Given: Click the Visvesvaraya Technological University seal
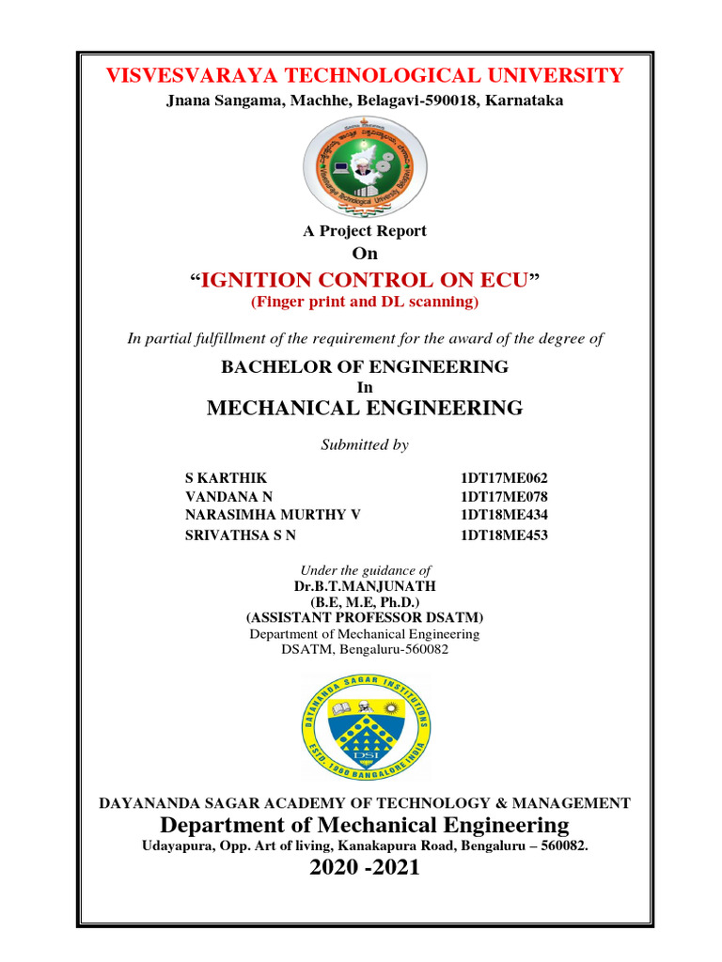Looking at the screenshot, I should click(365, 165).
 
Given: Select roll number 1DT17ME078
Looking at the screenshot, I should click(503, 497).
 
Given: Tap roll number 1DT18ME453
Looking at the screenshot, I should click(503, 535).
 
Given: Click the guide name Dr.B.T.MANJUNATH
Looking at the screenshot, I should click(365, 586).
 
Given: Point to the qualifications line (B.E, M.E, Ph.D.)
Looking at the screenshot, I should click(365, 602).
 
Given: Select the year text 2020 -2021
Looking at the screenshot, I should click(365, 868).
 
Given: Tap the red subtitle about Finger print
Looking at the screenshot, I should click(365, 303).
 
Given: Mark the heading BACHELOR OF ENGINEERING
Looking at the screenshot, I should click(365, 367).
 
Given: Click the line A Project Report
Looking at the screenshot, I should click(365, 231).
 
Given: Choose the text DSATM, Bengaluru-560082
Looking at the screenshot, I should click(365, 650).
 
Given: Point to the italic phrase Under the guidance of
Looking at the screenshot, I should click(365, 570).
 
